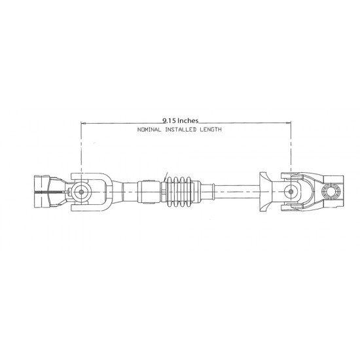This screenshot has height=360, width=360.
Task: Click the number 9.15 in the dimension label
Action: point(170,120)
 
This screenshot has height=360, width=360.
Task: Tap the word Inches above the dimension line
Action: point(188,120)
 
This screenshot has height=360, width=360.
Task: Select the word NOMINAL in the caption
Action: point(149,130)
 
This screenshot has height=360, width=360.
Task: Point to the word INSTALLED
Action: point(181,130)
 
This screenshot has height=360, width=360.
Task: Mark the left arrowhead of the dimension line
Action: point(83,123)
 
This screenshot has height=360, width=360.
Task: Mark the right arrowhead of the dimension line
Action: point(289,123)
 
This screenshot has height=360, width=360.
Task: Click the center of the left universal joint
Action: point(81,192)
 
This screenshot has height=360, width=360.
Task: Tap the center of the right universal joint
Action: point(291,192)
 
